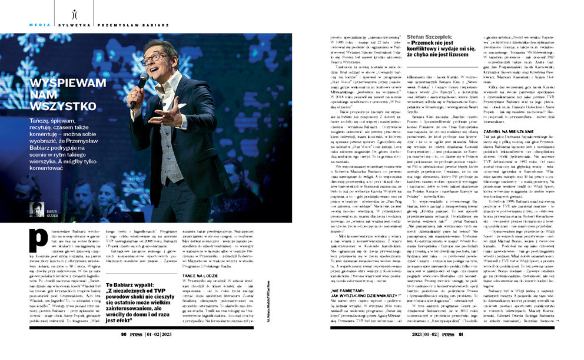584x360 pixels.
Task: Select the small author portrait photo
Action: click(36, 210)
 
